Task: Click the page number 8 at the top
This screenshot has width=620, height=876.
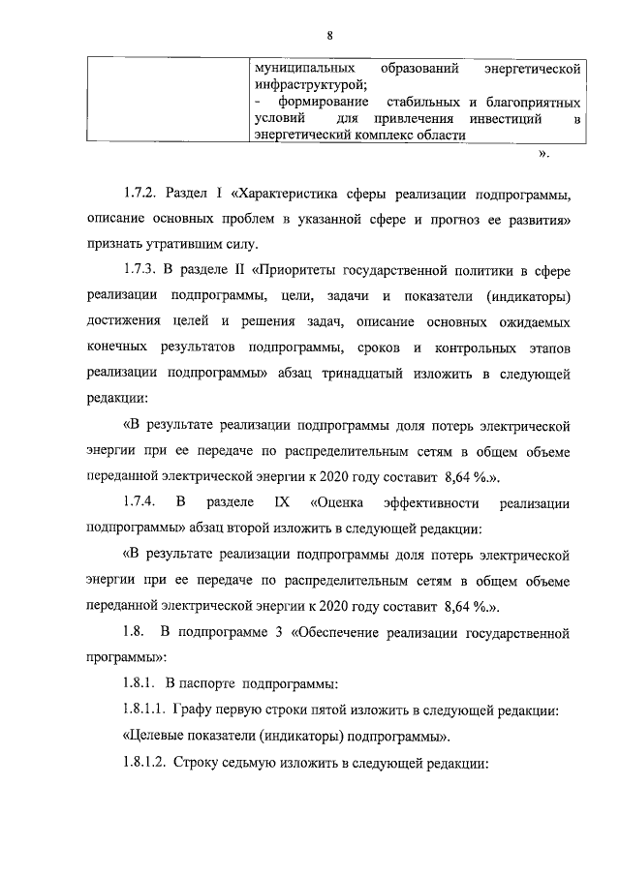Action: coord(330,37)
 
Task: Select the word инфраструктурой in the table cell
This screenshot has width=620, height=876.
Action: coord(311,86)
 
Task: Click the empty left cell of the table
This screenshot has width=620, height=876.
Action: coord(159,103)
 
